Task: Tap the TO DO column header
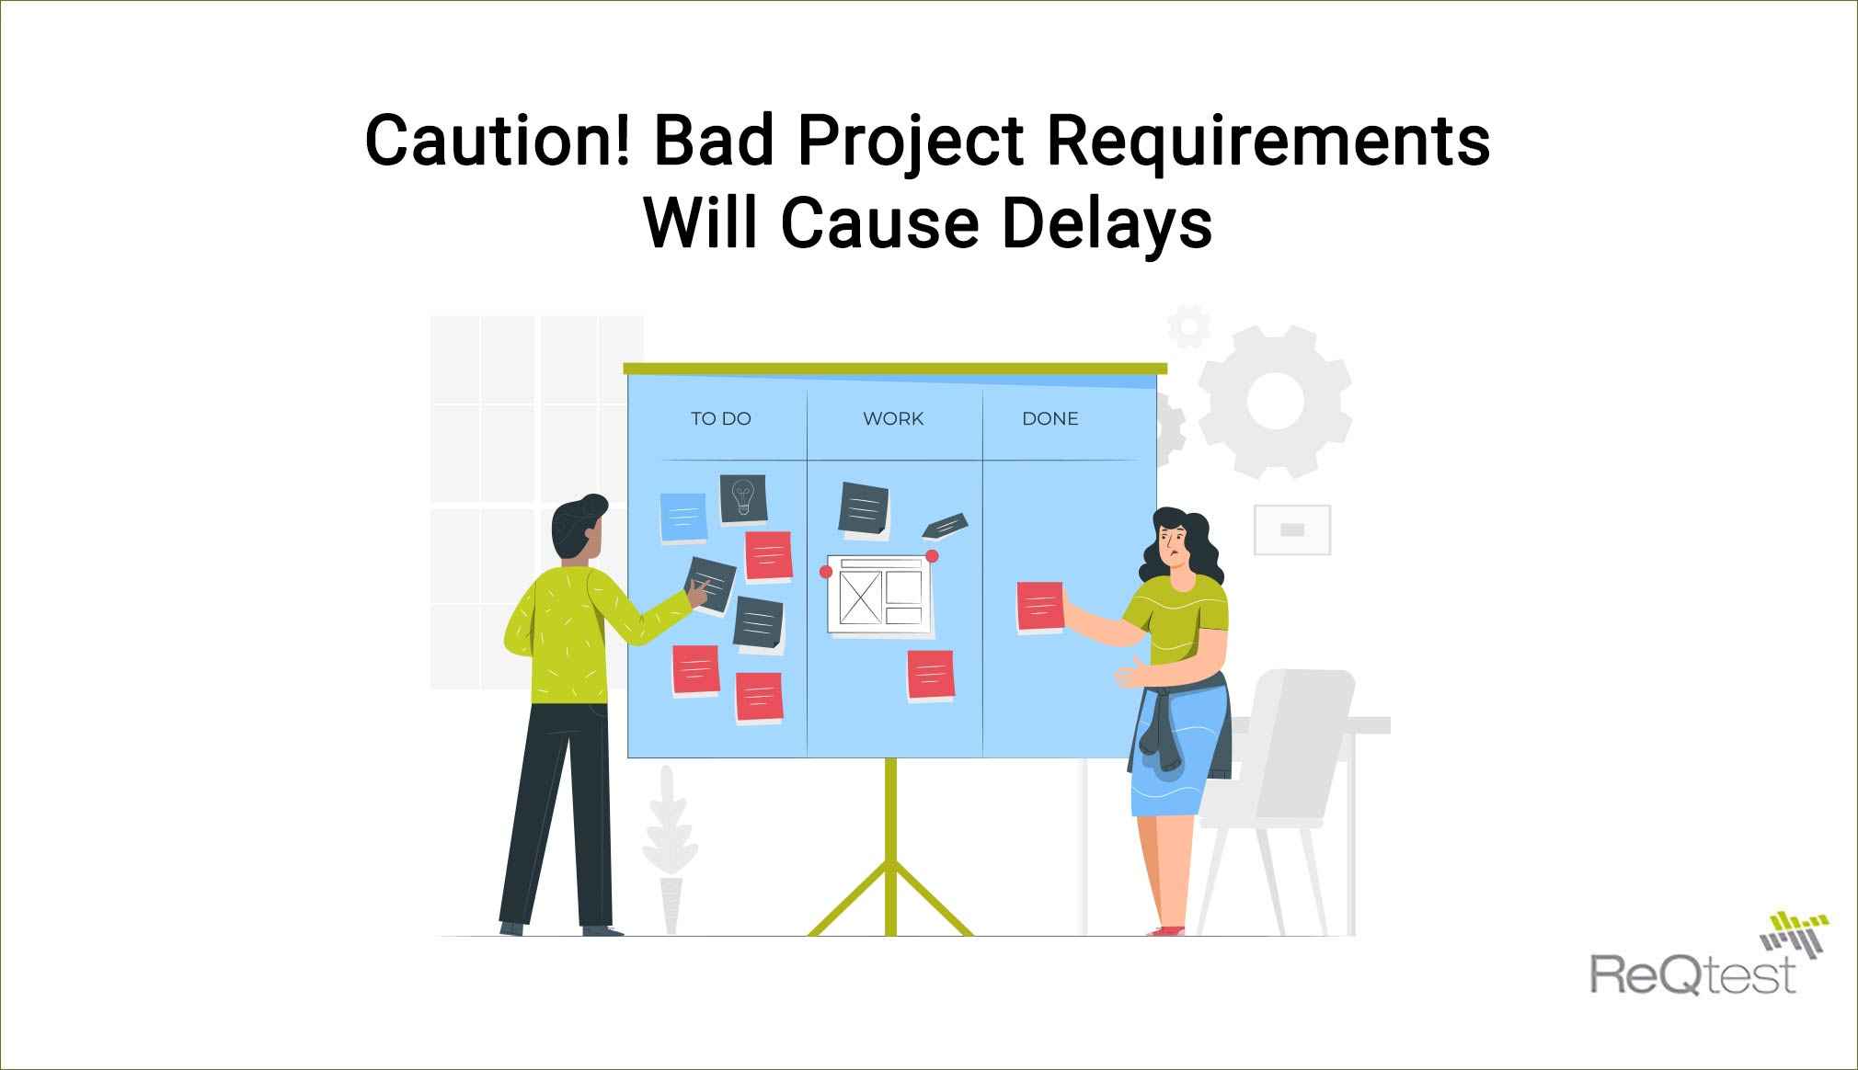point(721,418)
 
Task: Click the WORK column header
point(893,418)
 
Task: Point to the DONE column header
point(1050,418)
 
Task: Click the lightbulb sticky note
point(743,498)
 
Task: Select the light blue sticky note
point(683,518)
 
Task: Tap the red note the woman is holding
point(1040,608)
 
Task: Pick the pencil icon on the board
point(945,524)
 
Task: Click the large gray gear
point(1275,402)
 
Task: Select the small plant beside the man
point(670,850)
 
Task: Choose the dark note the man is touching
point(712,581)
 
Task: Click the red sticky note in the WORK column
point(931,676)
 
